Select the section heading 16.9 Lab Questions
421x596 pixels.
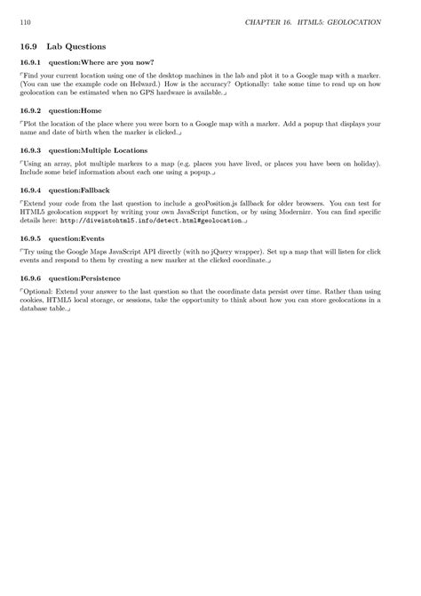[x=62, y=44]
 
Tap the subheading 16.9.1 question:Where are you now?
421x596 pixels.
[x=86, y=63]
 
